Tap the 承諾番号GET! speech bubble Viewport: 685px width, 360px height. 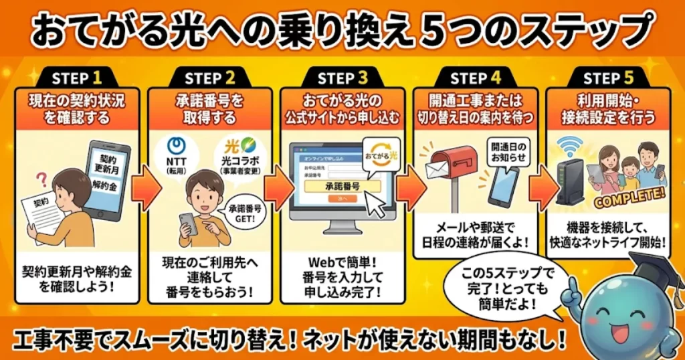(x=241, y=216)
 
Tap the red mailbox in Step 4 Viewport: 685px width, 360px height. (x=456, y=164)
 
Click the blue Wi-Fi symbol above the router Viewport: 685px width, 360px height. (x=570, y=143)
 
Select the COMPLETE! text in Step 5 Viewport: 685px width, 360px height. (x=626, y=195)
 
